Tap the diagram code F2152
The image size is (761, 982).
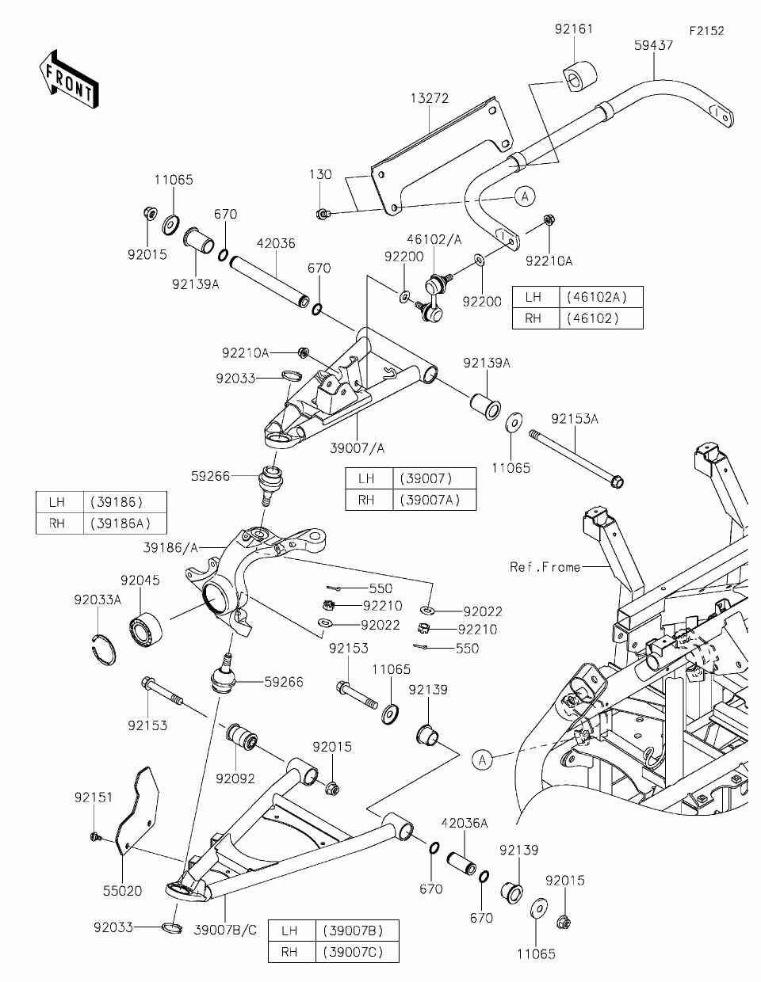pos(706,31)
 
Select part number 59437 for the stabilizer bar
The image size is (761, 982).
pos(653,45)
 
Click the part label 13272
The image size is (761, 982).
pos(430,98)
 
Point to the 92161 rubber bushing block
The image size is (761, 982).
pos(579,78)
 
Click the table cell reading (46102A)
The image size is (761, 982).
pos(597,297)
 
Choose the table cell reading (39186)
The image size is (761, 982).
pos(117,502)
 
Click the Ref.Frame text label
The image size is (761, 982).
pos(545,567)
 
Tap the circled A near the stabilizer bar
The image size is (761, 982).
pos(525,196)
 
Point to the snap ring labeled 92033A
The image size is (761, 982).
pos(101,649)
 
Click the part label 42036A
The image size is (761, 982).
pos(465,823)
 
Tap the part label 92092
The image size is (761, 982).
pos(235,778)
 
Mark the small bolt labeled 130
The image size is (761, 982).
pos(323,214)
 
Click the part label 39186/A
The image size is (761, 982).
pos(170,548)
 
